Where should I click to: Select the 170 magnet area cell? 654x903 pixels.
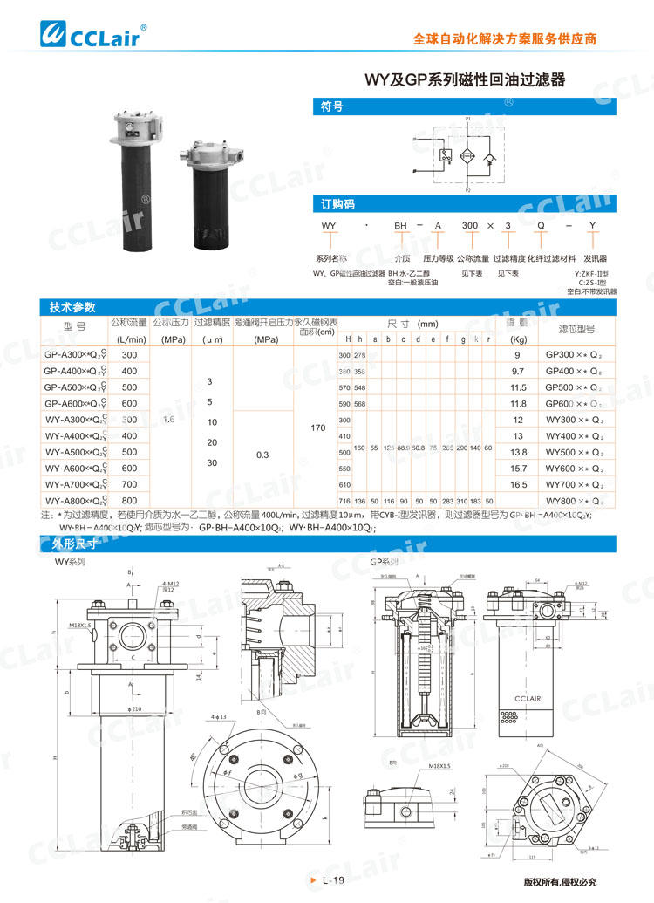[317, 428]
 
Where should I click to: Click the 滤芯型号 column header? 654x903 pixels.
[576, 329]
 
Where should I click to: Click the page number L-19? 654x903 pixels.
[333, 880]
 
